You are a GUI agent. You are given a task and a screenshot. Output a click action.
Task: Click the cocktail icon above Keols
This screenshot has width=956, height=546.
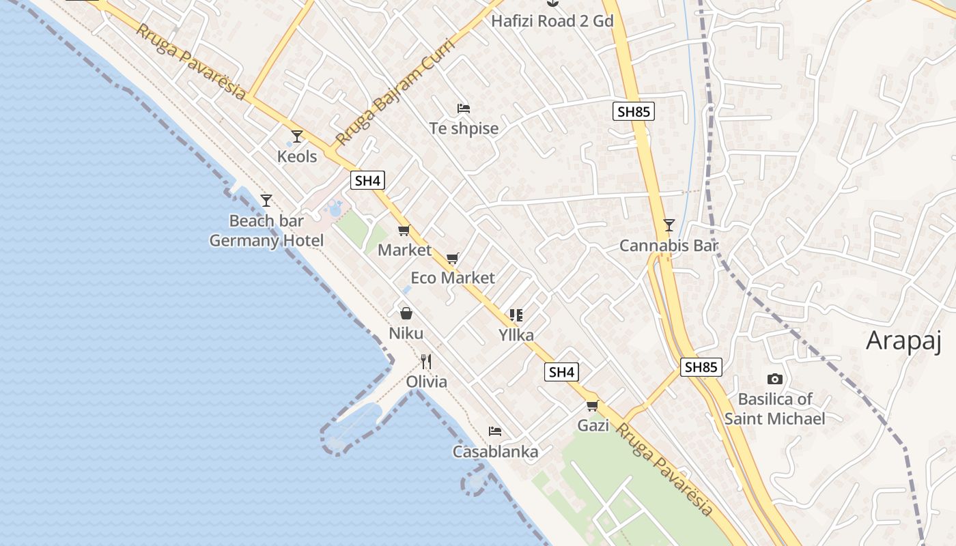point(297,136)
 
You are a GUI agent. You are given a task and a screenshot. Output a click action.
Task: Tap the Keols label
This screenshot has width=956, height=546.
point(297,156)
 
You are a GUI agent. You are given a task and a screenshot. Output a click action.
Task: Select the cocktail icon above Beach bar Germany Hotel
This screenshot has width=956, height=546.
point(266,201)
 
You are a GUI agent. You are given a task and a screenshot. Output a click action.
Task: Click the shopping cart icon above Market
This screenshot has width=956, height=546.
point(404,231)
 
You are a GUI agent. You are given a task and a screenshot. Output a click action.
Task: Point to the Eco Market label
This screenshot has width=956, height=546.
point(453,278)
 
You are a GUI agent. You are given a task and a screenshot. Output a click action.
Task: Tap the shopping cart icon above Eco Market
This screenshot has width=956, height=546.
point(452,259)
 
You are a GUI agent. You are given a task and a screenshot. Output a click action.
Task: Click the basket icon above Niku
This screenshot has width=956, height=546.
point(406,313)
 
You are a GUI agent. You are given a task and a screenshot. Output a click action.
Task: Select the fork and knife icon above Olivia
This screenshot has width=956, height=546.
point(426,361)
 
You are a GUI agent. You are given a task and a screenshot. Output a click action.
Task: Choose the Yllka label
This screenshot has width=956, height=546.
point(516,334)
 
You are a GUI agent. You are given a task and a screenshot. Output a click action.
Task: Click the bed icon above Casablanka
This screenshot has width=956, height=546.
point(495,431)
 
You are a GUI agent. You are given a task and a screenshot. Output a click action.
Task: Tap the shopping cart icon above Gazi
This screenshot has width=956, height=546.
point(592,406)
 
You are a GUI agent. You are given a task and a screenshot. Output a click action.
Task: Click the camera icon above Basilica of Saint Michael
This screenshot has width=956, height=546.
point(774,379)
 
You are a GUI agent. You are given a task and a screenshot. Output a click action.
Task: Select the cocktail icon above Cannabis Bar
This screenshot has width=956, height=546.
point(669,225)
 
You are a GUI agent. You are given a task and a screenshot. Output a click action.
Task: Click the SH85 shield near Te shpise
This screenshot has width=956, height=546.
point(633,111)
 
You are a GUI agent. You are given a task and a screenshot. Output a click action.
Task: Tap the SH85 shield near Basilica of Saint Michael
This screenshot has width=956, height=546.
point(701,367)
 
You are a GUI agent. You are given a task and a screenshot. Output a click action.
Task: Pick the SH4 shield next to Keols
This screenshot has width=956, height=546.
point(368,181)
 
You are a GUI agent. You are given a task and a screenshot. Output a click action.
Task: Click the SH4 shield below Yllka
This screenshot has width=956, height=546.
point(561,372)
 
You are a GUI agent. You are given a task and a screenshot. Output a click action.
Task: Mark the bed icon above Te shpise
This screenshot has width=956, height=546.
point(464,108)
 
